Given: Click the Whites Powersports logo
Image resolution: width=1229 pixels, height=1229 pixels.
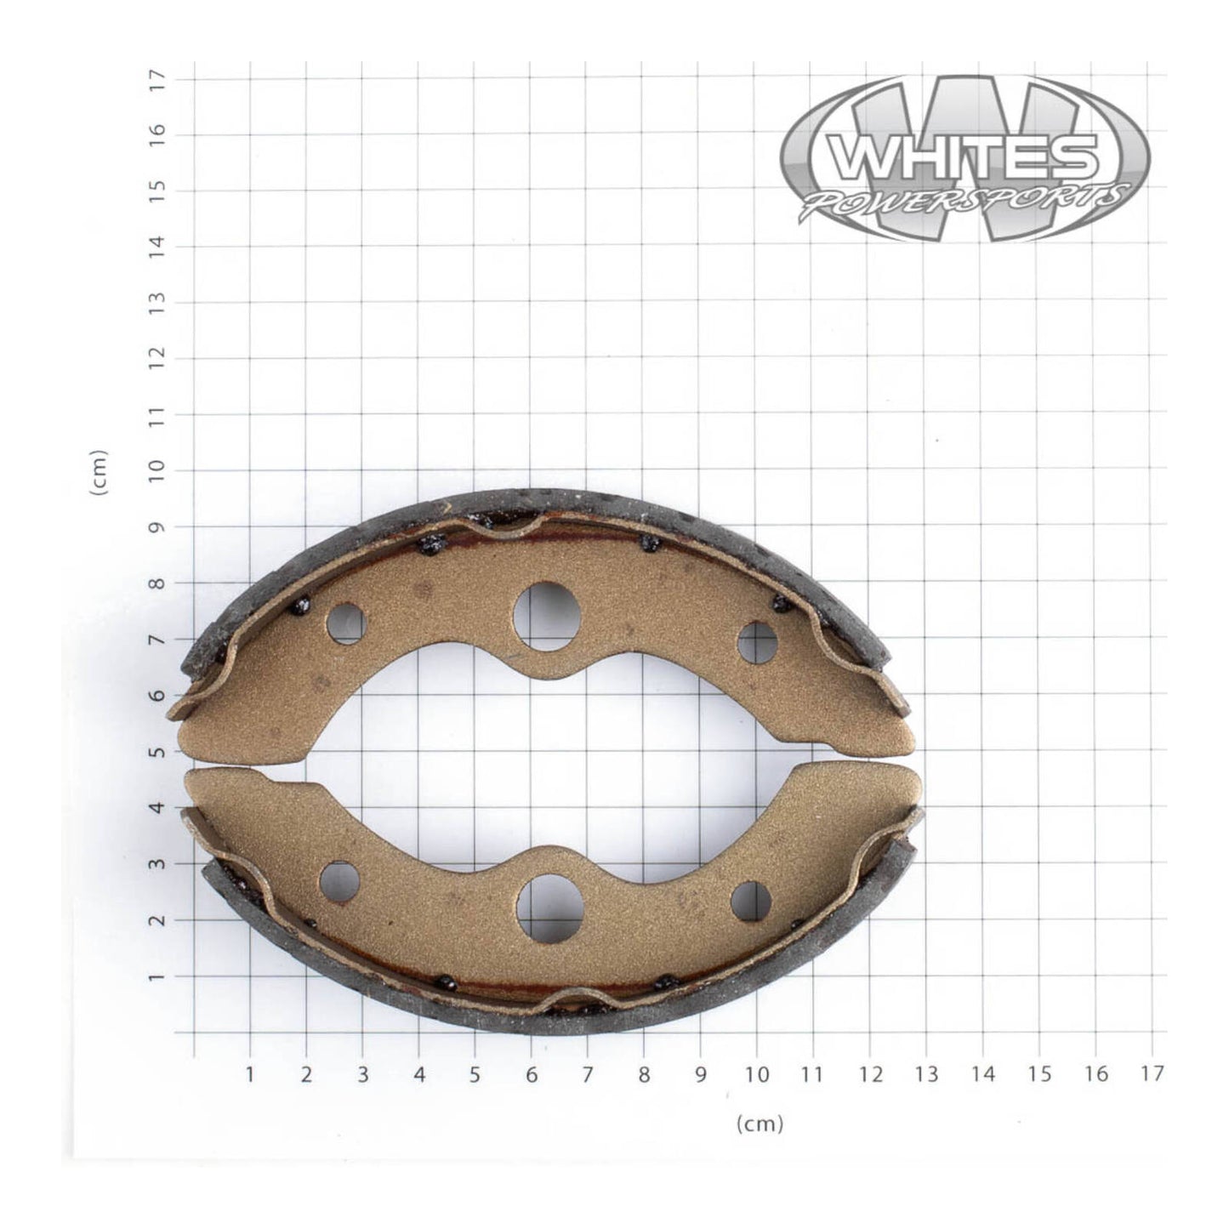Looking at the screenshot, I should [x=964, y=158].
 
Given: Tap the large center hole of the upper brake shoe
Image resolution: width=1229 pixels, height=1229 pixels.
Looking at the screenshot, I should [x=548, y=616].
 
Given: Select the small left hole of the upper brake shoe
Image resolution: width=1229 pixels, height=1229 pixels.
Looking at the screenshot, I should [x=345, y=623].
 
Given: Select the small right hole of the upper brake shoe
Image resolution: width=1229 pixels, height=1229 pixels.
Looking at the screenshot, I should [x=757, y=642].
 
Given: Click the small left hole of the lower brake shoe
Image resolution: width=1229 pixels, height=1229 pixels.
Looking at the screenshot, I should [x=340, y=882].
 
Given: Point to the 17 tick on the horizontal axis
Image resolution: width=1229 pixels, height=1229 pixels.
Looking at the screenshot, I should [x=1152, y=1074].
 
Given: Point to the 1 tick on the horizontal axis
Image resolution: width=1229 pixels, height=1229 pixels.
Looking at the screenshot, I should [x=250, y=1074].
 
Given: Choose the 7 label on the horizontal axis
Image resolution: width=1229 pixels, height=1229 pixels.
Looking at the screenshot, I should [x=588, y=1074].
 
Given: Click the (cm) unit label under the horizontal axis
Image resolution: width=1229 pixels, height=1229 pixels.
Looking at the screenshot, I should [x=760, y=1124].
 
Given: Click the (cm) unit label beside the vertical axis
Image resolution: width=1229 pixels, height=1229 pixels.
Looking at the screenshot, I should [x=100, y=472].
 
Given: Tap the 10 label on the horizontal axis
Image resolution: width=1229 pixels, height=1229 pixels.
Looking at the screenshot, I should [x=757, y=1074].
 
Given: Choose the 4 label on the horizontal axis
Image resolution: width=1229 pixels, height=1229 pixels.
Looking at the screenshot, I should [x=419, y=1074].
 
